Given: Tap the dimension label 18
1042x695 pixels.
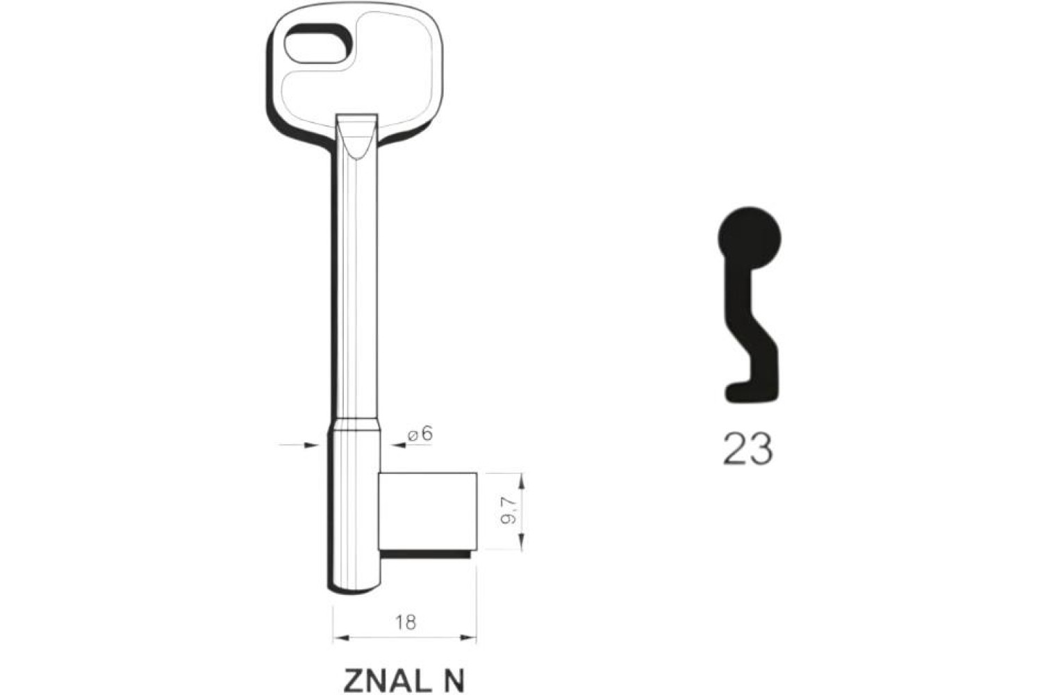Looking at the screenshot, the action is (405, 623).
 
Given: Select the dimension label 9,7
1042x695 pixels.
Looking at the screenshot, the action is (509, 511).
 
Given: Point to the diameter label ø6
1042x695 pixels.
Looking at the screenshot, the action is (420, 434).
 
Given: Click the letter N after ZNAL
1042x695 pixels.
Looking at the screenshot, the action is (454, 680).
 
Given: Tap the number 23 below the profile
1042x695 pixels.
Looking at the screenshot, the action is (748, 448).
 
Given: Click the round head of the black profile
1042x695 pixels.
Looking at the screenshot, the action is (750, 238).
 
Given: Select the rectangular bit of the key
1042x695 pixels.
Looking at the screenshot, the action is (427, 511).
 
